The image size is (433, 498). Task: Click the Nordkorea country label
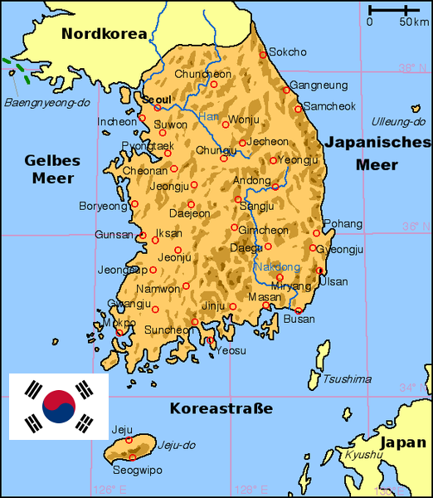coord(104,34)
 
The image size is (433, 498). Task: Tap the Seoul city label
coord(156,99)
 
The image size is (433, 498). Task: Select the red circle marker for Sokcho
coord(264,55)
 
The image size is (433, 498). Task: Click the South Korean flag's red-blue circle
coord(59,406)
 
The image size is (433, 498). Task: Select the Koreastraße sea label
coord(221,408)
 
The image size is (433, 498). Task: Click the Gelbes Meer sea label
coord(49,168)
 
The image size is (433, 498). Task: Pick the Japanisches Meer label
coord(377,153)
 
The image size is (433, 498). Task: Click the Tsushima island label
coord(347,379)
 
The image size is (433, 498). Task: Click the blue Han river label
coord(208,116)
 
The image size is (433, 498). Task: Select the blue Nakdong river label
coord(276,267)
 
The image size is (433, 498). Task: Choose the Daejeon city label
coord(189,213)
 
